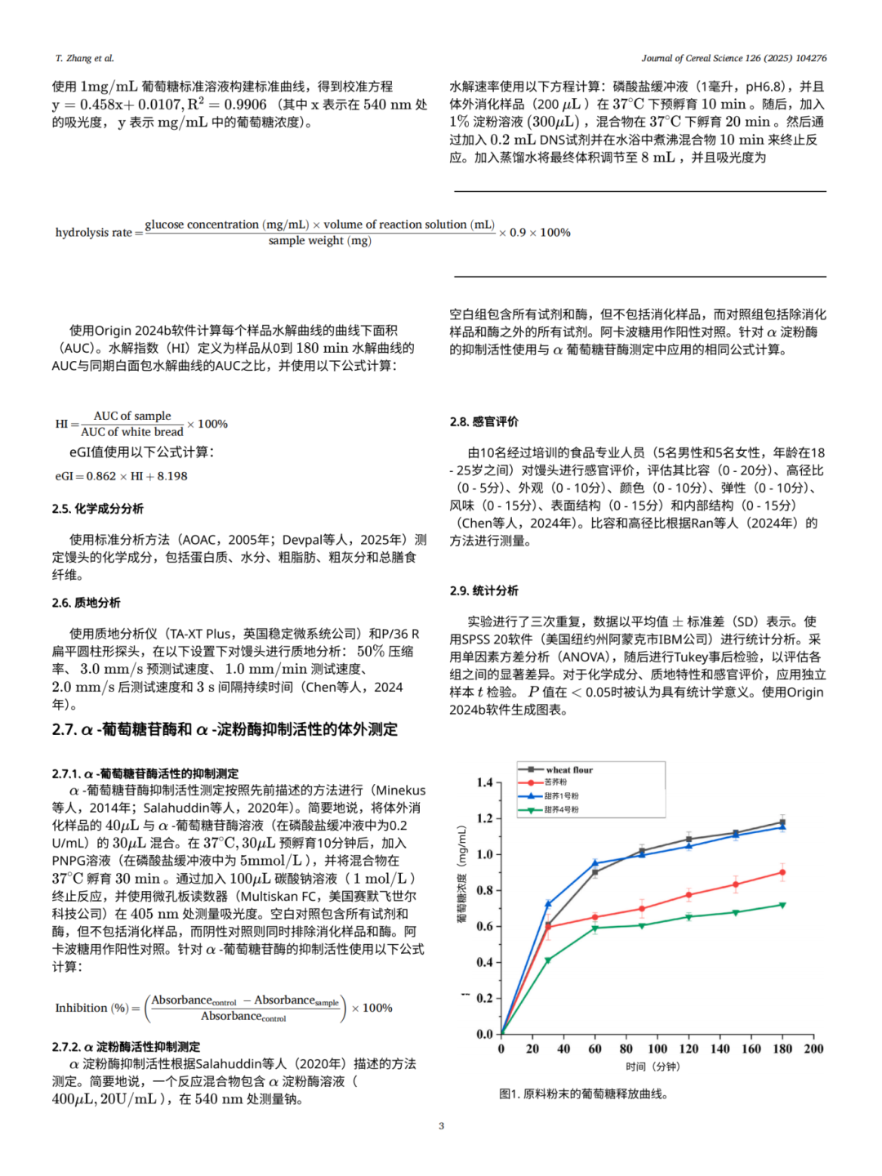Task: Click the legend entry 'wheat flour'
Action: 569,769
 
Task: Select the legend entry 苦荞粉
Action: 555,782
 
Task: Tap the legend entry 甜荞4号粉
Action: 561,809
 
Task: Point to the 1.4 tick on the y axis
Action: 484,782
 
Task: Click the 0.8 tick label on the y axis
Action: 484,890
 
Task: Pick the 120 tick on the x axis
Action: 688,1049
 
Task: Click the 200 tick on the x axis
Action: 813,1049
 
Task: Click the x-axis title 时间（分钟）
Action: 653,1067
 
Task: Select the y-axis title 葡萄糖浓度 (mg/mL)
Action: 462,874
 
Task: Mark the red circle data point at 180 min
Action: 782,872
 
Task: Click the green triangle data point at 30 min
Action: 548,960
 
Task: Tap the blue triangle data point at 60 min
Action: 595,862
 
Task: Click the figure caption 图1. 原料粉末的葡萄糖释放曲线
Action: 583,1094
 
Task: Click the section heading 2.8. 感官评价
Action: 483,421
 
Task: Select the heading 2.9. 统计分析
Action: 483,590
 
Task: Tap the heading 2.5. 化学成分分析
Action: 97,508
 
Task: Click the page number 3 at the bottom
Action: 441,1125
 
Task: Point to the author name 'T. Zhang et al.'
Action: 84,58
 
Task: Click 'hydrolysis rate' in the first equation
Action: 93,233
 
